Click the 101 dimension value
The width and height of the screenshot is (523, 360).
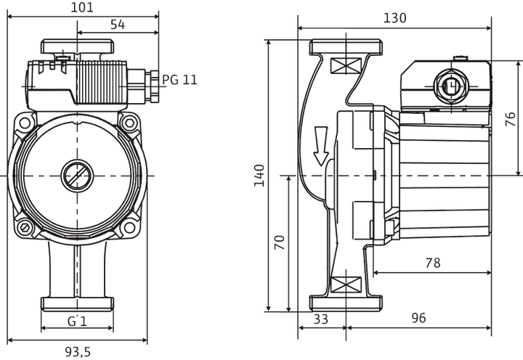[82, 7]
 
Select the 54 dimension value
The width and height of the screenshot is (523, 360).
[118, 25]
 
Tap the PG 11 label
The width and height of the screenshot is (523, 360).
[179, 80]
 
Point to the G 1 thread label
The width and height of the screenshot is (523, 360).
[78, 321]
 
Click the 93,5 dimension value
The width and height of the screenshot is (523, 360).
[78, 352]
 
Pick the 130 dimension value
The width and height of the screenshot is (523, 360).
[395, 17]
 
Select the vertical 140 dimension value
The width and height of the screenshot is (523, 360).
[259, 176]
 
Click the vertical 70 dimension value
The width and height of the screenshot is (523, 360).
[280, 242]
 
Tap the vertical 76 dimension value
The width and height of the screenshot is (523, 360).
[511, 119]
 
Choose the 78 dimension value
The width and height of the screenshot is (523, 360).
[433, 263]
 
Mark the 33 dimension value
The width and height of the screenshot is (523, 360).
[321, 319]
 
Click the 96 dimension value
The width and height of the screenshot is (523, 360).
[418, 318]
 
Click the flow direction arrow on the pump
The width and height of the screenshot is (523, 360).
[321, 147]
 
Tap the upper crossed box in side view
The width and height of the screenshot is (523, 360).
[346, 65]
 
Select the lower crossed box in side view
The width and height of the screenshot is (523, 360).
[346, 285]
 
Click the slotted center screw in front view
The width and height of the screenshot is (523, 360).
[77, 176]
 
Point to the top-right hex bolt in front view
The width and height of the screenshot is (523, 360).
[130, 123]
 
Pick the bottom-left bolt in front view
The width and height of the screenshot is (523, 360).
[25, 228]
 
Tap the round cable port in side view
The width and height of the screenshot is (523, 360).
[450, 86]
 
